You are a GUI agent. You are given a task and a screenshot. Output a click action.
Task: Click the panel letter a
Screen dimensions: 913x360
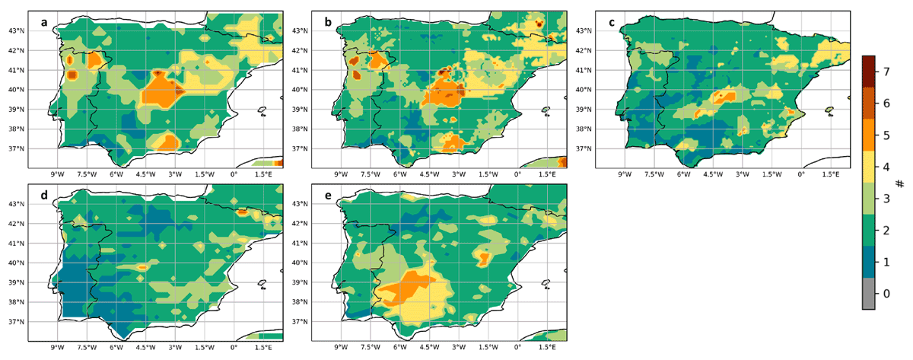[x=44, y=22]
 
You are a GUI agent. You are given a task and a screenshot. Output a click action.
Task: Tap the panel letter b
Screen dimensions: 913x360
[x=328, y=22]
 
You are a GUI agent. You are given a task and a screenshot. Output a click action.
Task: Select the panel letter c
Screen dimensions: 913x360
[x=612, y=22]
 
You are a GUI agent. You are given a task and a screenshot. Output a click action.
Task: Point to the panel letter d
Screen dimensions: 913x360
[x=44, y=195]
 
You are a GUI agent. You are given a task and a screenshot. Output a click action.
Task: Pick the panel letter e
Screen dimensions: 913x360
[x=328, y=196]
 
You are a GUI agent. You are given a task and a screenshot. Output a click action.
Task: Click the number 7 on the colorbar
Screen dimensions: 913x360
[x=886, y=72]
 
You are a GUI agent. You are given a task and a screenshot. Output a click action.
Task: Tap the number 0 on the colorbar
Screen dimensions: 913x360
[x=886, y=294]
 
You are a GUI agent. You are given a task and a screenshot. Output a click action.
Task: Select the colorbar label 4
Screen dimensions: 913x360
[x=886, y=167]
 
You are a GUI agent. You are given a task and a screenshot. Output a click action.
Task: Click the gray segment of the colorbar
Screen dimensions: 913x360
[x=869, y=294]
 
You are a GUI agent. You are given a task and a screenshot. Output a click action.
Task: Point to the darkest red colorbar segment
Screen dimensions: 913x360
[x=869, y=72]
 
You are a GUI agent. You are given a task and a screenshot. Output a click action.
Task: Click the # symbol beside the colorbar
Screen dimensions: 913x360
[x=900, y=184]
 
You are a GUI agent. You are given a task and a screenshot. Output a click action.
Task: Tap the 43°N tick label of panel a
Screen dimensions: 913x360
[x=16, y=31]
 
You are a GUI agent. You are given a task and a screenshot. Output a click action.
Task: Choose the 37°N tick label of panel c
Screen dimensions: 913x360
[x=584, y=149]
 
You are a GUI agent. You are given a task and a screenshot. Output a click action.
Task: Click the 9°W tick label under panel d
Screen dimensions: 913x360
[x=57, y=348]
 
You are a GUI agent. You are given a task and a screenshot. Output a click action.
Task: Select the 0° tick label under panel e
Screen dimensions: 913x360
[x=517, y=348]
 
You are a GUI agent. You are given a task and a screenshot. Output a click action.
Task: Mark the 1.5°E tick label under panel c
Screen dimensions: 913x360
[x=830, y=175]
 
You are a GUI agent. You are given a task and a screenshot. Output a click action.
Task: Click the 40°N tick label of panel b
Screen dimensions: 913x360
[x=300, y=90]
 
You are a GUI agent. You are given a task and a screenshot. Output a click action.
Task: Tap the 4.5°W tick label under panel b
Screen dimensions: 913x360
[x=429, y=175]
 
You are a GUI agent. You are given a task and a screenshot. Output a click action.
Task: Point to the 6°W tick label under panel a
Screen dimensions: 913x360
[x=116, y=175]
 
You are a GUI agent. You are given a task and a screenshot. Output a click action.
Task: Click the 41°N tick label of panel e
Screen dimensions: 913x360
[x=300, y=244]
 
